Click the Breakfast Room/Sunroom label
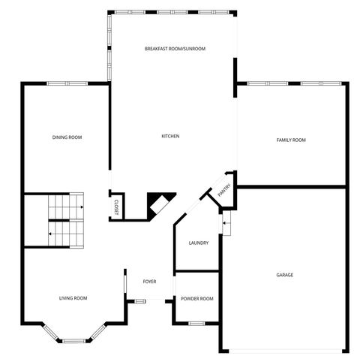click(175, 49)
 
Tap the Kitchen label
click(170, 136)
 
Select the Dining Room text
click(67, 137)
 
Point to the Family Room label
click(291, 140)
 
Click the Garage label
click(284, 275)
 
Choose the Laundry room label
click(199, 243)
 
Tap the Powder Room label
click(197, 298)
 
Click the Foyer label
click(149, 282)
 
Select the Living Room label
click(73, 298)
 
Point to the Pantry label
click(223, 192)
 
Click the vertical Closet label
click(116, 207)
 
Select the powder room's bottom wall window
click(196, 323)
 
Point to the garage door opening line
click(284, 351)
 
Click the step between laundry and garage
click(226, 223)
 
